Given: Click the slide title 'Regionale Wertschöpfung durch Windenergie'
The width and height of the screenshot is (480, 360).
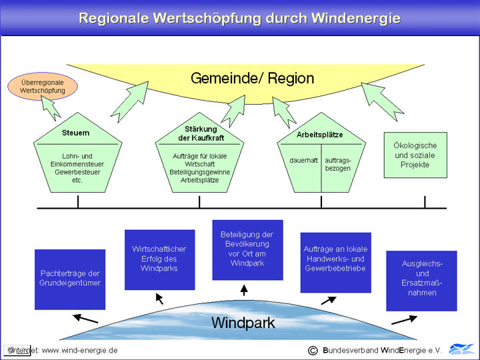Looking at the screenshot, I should pos(239,18).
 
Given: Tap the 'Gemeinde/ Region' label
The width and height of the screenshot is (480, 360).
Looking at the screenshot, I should pos(252,79).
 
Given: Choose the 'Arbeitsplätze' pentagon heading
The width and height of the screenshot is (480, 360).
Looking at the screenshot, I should pos(319,135).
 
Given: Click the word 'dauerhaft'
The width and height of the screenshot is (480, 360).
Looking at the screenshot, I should pos(303,160).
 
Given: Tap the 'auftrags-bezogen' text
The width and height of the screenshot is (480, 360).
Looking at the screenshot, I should pos(337,164).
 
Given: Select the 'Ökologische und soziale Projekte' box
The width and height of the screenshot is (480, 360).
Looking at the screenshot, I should pos(415,155).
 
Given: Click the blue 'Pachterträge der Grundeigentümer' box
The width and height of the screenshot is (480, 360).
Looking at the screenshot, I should pos(69,279).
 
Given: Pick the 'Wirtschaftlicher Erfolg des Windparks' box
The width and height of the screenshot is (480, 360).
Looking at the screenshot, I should pos(159,259).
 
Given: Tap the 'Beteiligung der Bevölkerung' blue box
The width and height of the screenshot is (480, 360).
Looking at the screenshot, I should pos(247,249).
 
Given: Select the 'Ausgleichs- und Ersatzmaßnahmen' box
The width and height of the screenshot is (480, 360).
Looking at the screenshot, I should pos(421,279).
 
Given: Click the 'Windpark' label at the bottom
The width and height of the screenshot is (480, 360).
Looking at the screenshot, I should pos(243,323).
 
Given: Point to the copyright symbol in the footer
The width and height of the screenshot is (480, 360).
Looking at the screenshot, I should pos(312,350).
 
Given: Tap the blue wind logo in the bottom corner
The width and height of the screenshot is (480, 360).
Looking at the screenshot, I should pos(461,349).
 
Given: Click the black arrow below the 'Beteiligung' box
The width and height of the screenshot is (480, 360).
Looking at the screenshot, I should pos(244,290).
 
